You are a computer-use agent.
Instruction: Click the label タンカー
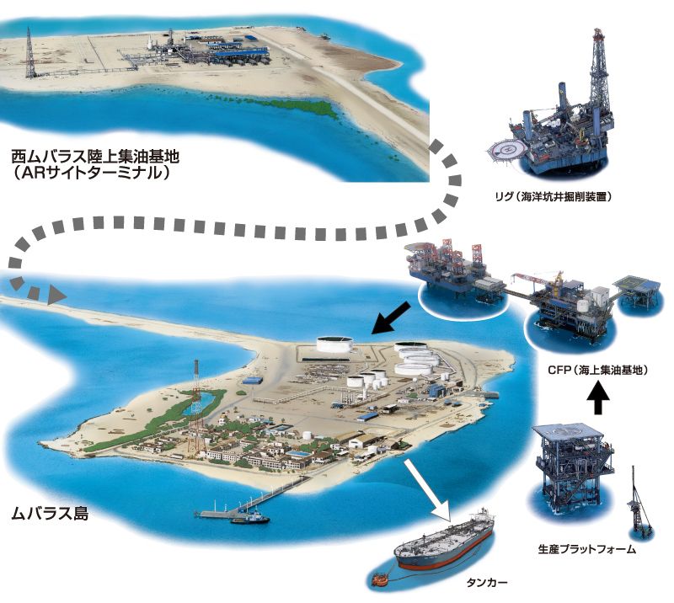(x=487, y=583)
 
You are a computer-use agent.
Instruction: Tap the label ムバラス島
(x=50, y=513)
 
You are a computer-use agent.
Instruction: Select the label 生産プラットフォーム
(x=586, y=549)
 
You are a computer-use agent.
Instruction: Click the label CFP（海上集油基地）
(x=597, y=370)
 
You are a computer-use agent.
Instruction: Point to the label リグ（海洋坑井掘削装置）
(x=554, y=197)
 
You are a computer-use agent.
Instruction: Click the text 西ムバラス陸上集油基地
(x=95, y=156)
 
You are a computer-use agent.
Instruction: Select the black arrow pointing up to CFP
(x=598, y=398)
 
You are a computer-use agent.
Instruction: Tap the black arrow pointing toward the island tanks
(x=391, y=318)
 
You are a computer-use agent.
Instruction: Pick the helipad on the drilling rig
(x=508, y=150)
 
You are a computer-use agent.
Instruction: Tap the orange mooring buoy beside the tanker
(x=380, y=579)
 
